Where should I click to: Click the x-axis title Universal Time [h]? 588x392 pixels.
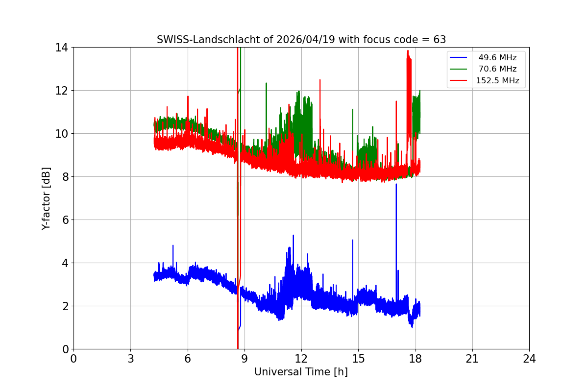coord(301,372)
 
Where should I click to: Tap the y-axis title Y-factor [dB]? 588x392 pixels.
coord(46,198)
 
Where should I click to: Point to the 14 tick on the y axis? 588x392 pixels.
coord(63,48)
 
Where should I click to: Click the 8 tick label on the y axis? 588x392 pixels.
coord(65,177)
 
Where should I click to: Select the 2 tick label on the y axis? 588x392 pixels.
coord(65,306)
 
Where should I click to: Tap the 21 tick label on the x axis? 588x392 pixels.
coord(472,359)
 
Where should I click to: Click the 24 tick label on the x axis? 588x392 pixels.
coord(529,359)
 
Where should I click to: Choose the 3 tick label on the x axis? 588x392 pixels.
coord(130,359)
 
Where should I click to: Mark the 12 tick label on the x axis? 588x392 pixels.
coord(301,359)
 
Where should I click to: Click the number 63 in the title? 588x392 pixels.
coord(440,40)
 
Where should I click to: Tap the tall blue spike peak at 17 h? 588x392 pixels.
coord(396,184)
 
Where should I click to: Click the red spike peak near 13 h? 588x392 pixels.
coord(320,80)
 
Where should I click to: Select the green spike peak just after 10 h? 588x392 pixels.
coord(266,83)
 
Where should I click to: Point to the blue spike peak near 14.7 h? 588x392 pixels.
coord(352,240)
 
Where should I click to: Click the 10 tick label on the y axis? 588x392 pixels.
coord(63,134)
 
